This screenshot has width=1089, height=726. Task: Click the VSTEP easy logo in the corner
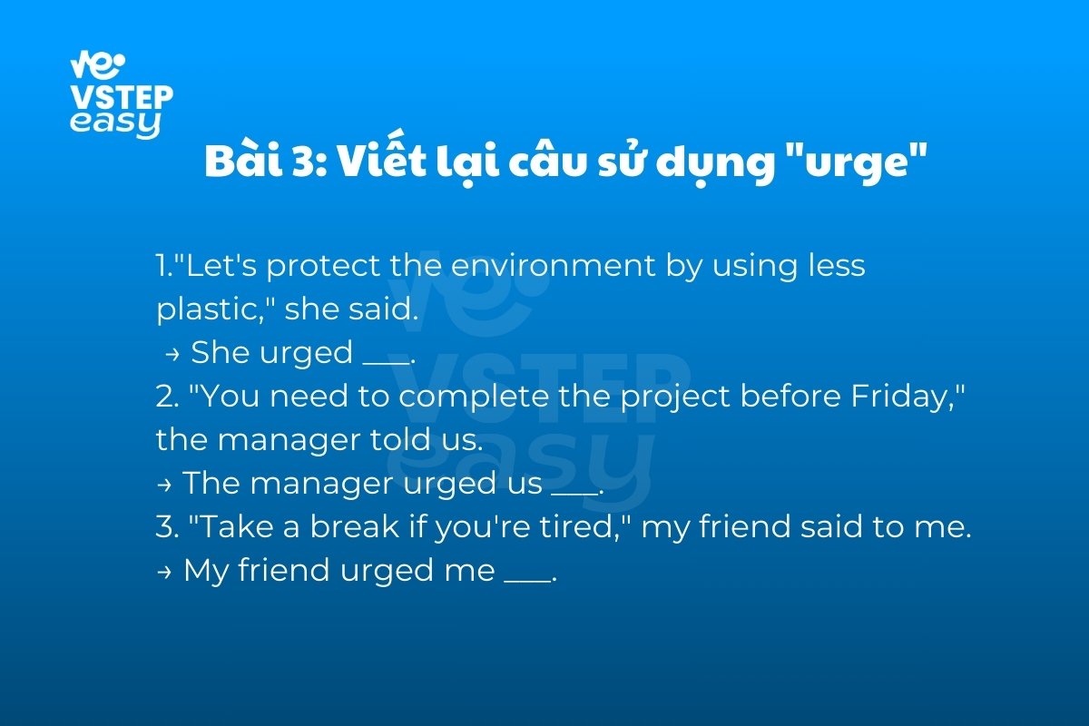pos(122,94)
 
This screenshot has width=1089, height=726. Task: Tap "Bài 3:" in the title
pos(267,160)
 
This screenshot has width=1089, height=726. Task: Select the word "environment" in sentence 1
pos(554,266)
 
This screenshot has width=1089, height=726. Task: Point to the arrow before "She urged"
pos(172,355)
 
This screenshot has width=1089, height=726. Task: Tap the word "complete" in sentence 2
pos(474,397)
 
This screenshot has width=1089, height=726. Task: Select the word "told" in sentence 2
pos(400,439)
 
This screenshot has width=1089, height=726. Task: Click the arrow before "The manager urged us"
pos(164,485)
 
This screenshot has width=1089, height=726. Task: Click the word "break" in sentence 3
pos(355,526)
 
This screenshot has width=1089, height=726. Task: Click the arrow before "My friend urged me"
pos(164,573)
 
